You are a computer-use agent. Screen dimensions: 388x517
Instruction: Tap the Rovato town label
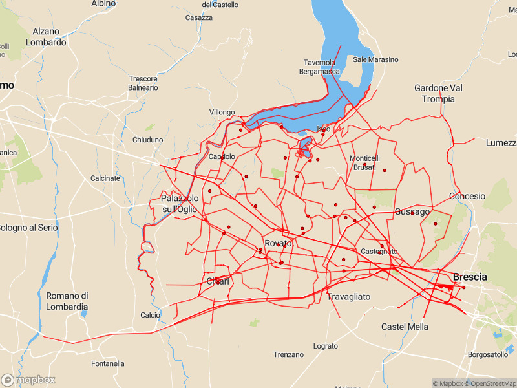click(279, 243)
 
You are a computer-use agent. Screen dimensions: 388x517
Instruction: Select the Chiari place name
click(218, 281)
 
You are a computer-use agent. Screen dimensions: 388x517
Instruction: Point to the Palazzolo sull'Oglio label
click(179, 203)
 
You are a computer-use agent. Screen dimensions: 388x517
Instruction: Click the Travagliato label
click(349, 297)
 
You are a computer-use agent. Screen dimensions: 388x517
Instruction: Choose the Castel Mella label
click(405, 327)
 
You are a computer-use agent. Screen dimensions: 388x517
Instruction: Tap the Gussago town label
click(412, 211)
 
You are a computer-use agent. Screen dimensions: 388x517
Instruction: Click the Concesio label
click(467, 196)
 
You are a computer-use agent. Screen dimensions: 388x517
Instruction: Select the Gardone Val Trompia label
click(439, 93)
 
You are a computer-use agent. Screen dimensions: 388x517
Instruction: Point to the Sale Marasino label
click(376, 59)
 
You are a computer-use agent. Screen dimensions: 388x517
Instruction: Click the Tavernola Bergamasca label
click(319, 67)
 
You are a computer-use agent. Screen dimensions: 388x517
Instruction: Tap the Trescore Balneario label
click(143, 83)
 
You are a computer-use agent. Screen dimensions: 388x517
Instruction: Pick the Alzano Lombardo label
click(46, 37)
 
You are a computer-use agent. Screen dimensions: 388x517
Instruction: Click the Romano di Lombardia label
click(67, 301)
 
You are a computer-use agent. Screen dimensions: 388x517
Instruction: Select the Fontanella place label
click(108, 363)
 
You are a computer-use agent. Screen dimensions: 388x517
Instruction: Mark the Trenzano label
click(288, 354)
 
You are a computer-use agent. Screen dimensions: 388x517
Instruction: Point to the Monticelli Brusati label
click(364, 162)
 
